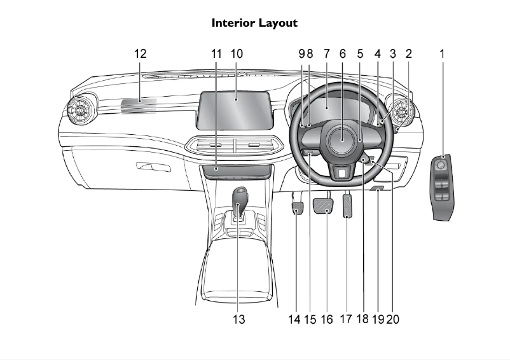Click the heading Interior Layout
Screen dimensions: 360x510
tap(254, 23)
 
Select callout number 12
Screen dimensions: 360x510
tap(140, 54)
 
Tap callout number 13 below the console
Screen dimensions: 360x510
tap(238, 319)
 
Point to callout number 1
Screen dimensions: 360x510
tap(442, 54)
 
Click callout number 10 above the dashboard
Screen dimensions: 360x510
tap(237, 54)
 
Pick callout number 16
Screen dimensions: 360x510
tap(326, 319)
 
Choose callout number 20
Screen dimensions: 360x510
tap(393, 319)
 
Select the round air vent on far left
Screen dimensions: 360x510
tap(82, 110)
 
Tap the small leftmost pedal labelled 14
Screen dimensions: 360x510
tap(297, 208)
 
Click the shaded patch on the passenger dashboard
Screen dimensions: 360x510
tap(139, 106)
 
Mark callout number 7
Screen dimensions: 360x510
tap(327, 54)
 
